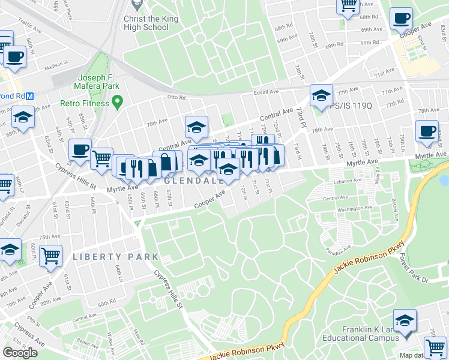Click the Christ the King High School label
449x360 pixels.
[x=146, y=23]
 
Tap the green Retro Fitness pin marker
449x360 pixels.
[x=117, y=103]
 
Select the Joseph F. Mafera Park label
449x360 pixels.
[x=100, y=82]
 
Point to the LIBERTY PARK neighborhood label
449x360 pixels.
[x=115, y=257]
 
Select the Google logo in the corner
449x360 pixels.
[x=20, y=352]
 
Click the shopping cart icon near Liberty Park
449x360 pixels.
[x=50, y=256]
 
